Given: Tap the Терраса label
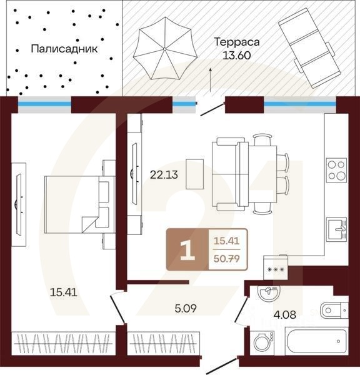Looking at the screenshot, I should pyautogui.click(x=236, y=42).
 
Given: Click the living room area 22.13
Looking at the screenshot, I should pyautogui.click(x=163, y=175).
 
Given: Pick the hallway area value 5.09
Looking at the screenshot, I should pyautogui.click(x=185, y=307).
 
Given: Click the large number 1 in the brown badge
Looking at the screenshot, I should pyautogui.click(x=186, y=249).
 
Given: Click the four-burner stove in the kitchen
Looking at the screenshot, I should pyautogui.click(x=336, y=167).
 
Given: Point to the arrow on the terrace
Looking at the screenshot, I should pyautogui.click(x=211, y=80).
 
